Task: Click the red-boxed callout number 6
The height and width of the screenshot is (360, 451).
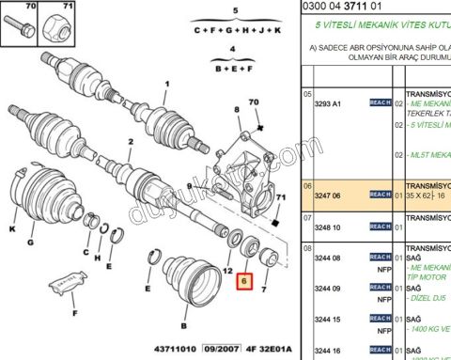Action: pos(244,280)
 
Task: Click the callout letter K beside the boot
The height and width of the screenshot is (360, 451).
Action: pos(13,228)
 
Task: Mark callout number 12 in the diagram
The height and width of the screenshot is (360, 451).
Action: pos(226,271)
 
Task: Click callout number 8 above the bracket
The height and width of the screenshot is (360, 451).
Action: pos(238,111)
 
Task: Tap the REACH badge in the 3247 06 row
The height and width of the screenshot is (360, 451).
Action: pos(380,194)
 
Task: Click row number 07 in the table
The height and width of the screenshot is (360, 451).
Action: pos(306,218)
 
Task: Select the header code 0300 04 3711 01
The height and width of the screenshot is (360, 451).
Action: pos(347,6)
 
